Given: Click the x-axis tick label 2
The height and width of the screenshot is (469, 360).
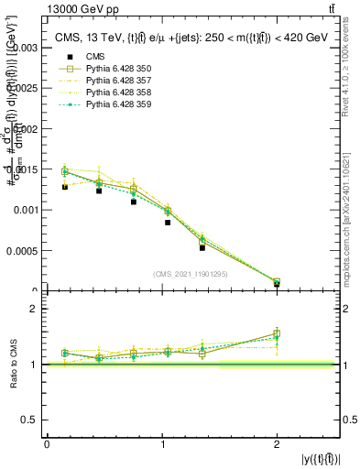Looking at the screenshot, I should coord(277,444).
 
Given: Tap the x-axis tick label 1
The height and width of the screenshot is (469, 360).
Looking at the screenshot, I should coord(162,444).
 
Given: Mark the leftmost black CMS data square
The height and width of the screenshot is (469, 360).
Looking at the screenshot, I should coord(65,187).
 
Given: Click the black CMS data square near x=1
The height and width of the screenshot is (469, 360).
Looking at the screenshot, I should coord(168,223).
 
